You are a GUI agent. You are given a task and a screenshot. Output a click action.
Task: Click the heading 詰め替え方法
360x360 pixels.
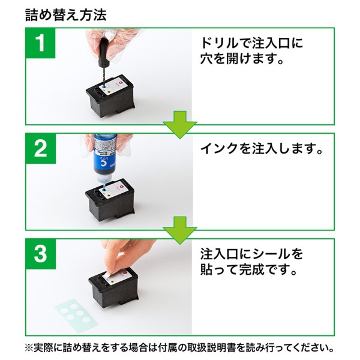coord(66,15)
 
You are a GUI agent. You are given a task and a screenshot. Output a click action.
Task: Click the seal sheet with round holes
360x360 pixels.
coord(74,313)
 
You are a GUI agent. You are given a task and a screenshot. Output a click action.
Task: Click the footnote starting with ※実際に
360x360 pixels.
coord(180,347)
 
